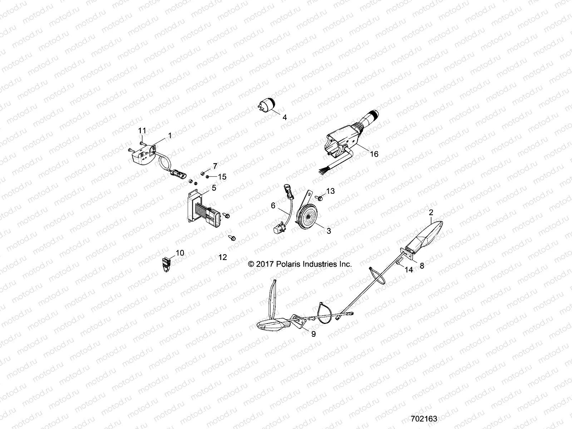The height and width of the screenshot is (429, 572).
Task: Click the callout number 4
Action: point(285,117)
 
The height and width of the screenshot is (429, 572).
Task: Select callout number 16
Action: point(374,154)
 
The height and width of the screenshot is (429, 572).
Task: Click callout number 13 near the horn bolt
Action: point(330,191)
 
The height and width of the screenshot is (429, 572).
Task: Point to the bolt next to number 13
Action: point(319,197)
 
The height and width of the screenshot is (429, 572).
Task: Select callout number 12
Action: point(222,257)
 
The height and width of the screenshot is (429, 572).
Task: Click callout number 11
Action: point(143,130)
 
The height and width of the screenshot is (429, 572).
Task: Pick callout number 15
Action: point(222,177)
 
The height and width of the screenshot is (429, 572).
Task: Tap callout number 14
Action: point(409,270)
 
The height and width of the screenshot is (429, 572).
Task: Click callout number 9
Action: point(314,334)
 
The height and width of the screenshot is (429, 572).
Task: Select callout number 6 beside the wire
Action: point(273,205)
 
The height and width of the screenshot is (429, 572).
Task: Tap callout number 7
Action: point(215,166)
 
